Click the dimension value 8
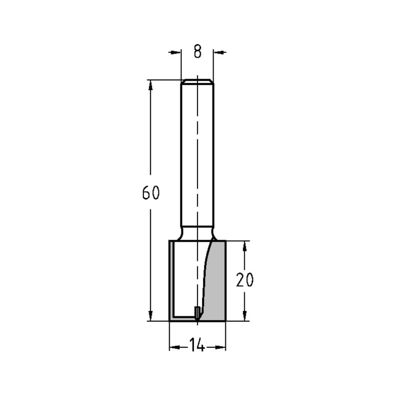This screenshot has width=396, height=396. [197, 52]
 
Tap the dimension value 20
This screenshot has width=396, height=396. [244, 280]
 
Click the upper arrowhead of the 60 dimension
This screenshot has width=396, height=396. [150, 84]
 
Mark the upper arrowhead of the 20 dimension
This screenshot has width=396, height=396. [245, 246]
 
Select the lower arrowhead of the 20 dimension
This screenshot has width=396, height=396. [245, 316]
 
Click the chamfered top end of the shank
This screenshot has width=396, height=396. [197, 82]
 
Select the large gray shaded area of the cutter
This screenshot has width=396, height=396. [216, 281]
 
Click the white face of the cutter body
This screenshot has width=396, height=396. [186, 277]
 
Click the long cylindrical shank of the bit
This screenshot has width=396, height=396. [197, 158]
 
